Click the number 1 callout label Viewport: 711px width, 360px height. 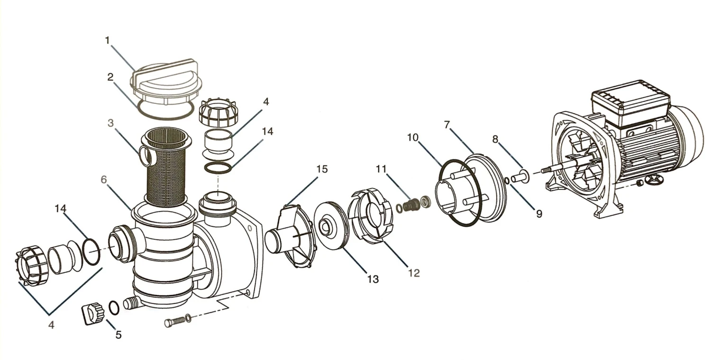[x=107, y=40]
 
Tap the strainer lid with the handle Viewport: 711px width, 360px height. [x=164, y=81]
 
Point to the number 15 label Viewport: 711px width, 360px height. [x=321, y=169]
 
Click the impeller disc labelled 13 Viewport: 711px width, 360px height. [x=329, y=231]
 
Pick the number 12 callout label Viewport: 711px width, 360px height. [x=414, y=273]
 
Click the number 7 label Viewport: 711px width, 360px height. [x=447, y=125]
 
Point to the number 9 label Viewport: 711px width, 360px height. [x=539, y=214]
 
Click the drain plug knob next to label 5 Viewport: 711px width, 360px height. [x=93, y=314]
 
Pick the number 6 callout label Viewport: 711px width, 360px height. [x=104, y=180]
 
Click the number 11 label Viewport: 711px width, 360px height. [x=381, y=169]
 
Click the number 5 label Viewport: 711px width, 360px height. [x=118, y=334]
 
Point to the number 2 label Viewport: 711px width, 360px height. [x=110, y=77]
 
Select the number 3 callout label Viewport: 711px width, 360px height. [x=110, y=123]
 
